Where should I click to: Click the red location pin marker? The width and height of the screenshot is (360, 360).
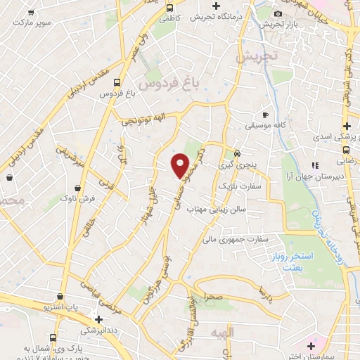click(181, 166)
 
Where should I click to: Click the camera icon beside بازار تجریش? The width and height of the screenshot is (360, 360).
click(278, 14)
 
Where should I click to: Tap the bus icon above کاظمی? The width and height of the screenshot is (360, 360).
click(169, 8)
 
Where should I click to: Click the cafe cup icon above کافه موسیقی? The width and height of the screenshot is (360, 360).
click(265, 114)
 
